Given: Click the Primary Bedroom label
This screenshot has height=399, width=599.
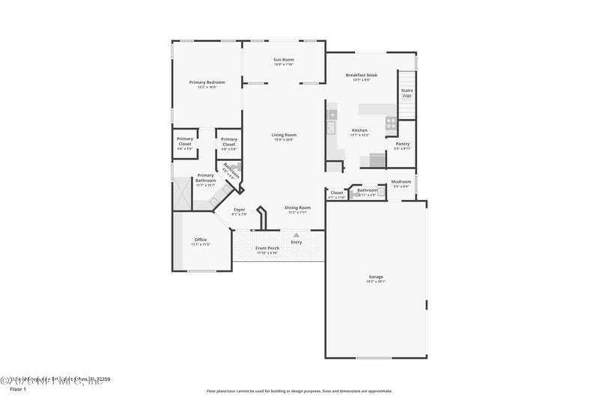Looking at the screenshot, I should tap(207, 82).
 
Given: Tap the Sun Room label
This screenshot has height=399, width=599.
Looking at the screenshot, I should tap(284, 59).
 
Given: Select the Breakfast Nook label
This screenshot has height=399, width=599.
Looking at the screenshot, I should tap(361, 75).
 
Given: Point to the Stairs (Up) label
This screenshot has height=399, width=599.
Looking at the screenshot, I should tap(407, 93).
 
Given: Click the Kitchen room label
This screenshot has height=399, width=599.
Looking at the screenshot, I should tap(359, 130).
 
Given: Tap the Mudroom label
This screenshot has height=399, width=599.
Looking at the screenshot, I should tap(401, 181).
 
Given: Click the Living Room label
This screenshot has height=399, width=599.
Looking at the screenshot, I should tap(284, 135).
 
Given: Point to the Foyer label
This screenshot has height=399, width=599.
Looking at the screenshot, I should tap(240, 210).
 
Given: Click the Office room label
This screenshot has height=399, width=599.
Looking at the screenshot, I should tap(201, 240).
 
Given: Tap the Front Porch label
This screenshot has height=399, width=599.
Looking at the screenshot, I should tap(267, 248).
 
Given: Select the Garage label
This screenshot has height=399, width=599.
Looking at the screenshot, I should tap(376, 277).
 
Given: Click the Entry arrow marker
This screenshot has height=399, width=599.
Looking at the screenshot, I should tap(297, 235).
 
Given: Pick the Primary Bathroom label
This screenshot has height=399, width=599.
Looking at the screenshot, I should tap(205, 177).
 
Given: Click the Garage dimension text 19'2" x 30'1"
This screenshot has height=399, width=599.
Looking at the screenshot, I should tap(376, 282).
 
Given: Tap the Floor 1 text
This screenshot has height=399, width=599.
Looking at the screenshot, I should tap(17, 389).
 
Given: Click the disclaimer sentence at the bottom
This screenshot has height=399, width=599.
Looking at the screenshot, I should tap(299, 391).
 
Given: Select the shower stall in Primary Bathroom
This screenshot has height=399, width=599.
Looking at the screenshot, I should tap(182, 197).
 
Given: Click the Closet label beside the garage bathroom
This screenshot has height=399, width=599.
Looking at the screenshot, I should tap(337, 192).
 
